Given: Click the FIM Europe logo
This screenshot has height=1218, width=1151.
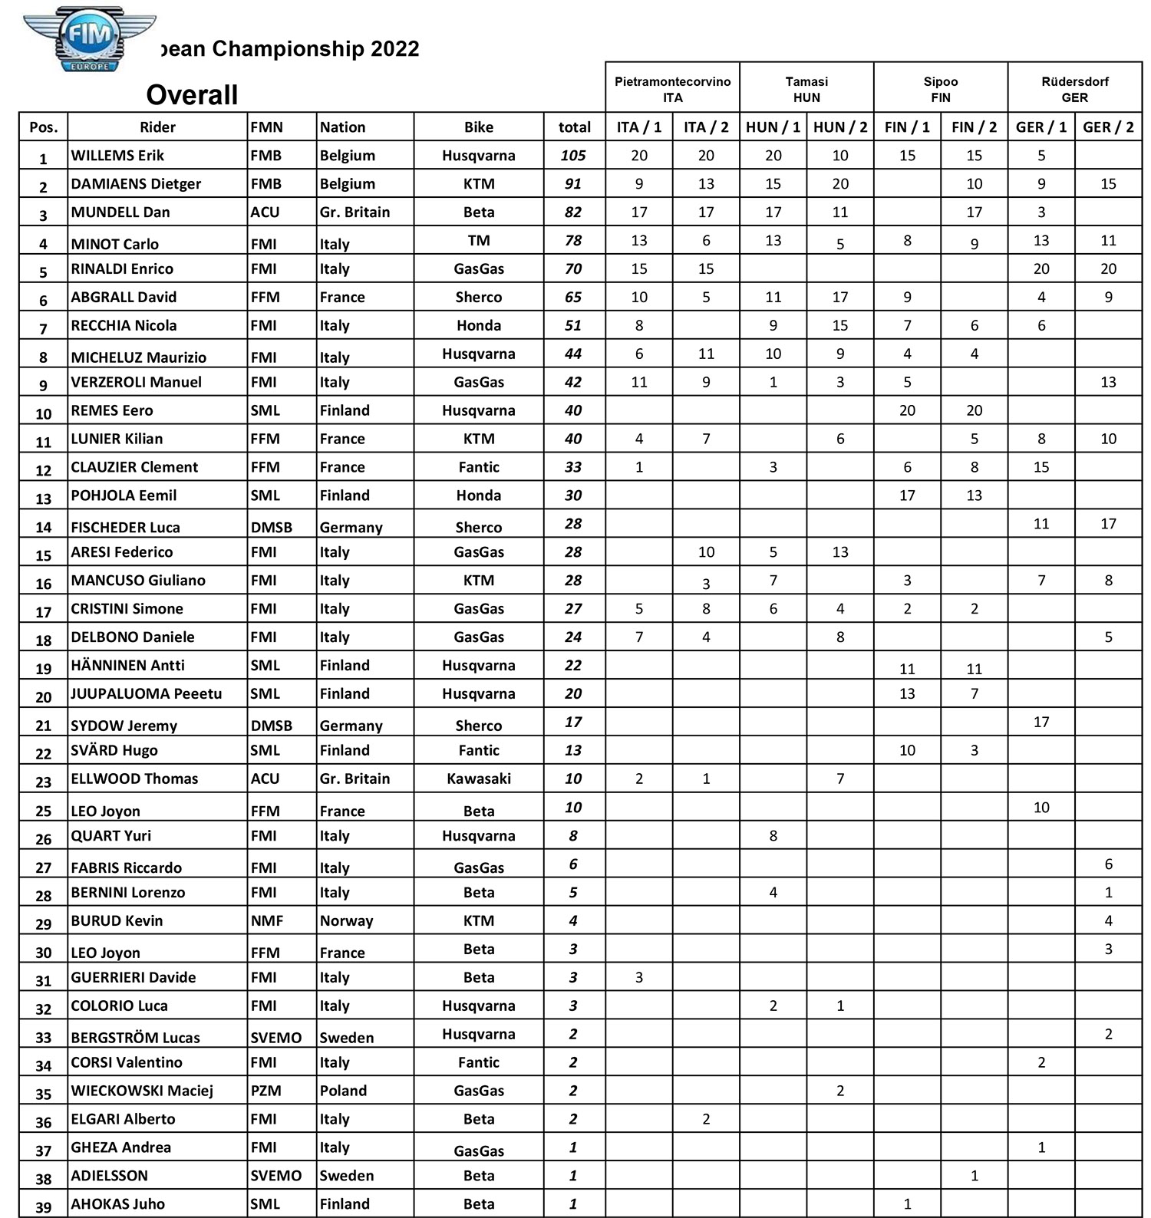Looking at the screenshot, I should tap(90, 43).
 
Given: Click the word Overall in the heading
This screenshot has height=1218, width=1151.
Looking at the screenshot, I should tap(192, 95).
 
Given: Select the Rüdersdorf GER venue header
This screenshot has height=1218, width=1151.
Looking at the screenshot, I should tap(1074, 89).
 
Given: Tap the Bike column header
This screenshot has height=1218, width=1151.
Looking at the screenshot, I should tap(478, 127).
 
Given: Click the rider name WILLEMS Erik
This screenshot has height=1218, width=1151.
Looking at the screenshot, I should tap(117, 156).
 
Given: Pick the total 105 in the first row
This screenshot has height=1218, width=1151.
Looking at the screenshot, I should tap(573, 156).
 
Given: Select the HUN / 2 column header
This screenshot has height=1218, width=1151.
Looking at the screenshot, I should tap(840, 127).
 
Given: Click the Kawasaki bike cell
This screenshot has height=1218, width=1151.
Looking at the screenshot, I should tap(478, 779).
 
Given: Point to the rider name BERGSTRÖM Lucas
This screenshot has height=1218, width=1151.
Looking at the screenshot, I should tap(135, 1038).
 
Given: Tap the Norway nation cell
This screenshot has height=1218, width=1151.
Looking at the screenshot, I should tap(346, 920).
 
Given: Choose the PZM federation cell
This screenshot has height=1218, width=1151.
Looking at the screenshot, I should tap(265, 1091).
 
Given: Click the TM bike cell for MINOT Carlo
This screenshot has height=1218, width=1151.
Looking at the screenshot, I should tap(478, 241).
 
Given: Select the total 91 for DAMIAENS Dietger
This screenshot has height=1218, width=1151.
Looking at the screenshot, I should tap(573, 184).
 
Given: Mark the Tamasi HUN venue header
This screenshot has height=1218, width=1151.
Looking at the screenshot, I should tap(806, 89).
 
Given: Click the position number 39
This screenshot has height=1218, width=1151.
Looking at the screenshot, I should tap(44, 1207).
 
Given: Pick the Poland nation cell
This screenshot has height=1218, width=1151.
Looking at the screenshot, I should tap(343, 1091).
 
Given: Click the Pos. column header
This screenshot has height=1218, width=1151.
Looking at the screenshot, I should tap(44, 127).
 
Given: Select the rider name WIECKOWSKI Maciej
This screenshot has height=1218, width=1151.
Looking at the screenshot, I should tap(142, 1091).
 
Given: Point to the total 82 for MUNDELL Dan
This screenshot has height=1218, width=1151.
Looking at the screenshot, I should tap(573, 212).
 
